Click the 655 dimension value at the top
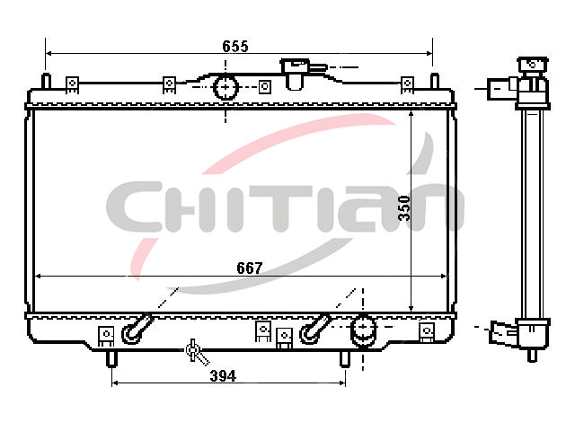[235, 46]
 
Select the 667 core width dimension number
[250, 268]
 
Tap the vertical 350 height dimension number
[404, 208]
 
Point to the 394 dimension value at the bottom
[223, 375]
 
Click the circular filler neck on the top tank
[226, 87]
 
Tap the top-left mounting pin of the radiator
[46, 81]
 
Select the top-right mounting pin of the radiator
[434, 81]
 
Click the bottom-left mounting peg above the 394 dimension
[111, 359]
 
